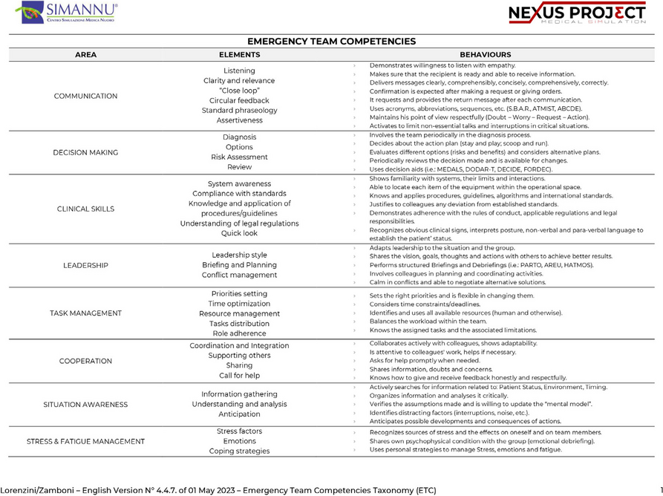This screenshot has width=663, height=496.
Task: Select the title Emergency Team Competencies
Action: coord(331,42)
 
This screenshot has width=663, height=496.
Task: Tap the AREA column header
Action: coord(86,55)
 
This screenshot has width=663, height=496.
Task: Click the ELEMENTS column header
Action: coord(239,55)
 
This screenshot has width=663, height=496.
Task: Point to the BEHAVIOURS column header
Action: coord(485,55)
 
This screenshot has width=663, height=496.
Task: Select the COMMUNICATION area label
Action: coord(85,96)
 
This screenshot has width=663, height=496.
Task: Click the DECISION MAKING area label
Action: coord(85,152)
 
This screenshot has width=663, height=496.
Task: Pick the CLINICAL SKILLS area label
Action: coord(85,209)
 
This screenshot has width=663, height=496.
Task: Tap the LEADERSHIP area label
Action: coord(85,265)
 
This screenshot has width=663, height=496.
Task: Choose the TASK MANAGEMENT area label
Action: coord(85,313)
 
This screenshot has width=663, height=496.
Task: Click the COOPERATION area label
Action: coord(85,361)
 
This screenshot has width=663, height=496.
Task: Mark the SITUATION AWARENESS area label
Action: coord(85,405)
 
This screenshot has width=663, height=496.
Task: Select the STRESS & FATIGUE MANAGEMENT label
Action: coord(85,442)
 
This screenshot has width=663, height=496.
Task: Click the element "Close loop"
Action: coord(239,91)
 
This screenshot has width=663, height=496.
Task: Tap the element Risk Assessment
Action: coord(239,157)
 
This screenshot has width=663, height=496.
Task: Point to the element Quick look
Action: coord(239,234)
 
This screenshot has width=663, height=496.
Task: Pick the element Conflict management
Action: coord(239,275)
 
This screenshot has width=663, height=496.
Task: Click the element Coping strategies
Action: coord(239,451)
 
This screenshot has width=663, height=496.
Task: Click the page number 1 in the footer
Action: coord(660,490)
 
